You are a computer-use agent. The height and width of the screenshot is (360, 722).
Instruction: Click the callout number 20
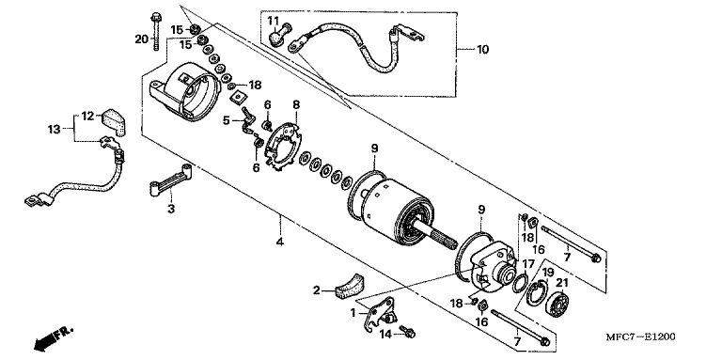[x=141, y=39]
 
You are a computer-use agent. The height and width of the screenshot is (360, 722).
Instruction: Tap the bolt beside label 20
[x=156, y=30]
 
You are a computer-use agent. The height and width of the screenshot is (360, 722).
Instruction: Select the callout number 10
[x=482, y=49]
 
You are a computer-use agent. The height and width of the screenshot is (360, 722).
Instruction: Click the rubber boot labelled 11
[x=277, y=33]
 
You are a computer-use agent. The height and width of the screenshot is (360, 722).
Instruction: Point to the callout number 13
[x=54, y=130]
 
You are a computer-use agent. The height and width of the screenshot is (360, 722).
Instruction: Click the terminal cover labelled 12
[x=114, y=122]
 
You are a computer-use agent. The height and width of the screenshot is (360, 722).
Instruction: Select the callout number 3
[x=171, y=209]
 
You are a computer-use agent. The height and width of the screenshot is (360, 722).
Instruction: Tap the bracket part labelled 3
[x=171, y=180]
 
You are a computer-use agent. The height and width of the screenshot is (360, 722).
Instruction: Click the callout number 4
[x=280, y=242]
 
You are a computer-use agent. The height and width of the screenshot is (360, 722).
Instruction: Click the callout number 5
[x=226, y=120]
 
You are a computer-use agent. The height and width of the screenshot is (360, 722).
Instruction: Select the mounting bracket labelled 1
[x=380, y=313]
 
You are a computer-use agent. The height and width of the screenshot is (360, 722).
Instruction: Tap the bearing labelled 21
[x=557, y=304]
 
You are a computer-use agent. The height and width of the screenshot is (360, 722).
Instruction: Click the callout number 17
[x=528, y=265]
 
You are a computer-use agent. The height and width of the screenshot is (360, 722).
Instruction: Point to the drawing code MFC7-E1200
[x=640, y=337]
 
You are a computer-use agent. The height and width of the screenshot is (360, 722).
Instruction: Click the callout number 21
[x=562, y=283]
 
